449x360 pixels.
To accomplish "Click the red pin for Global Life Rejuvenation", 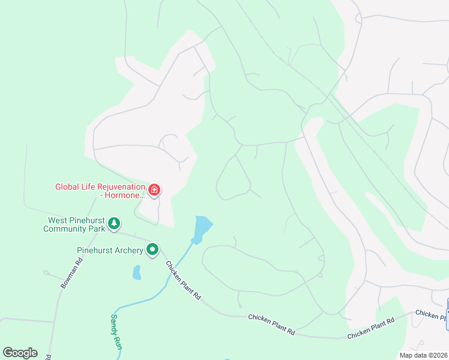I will pos(154,190).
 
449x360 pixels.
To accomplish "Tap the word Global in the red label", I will pos(69,187).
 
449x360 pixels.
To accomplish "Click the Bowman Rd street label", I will pos(71,274).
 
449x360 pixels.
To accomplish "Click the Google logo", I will pos(20,353).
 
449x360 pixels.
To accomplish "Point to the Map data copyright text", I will pos(423,355).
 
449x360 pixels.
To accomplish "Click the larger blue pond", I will pos(203,227).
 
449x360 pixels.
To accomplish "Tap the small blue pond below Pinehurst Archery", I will pos(137,273).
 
